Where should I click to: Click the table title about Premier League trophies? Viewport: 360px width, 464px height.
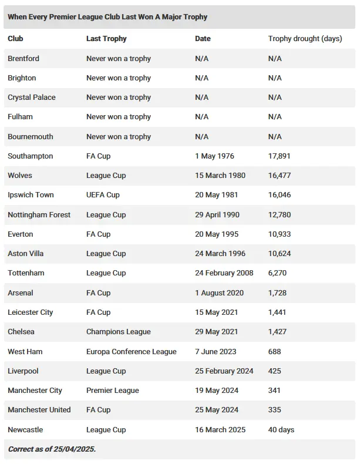click(107, 17)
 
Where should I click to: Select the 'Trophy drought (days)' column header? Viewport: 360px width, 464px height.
click(305, 39)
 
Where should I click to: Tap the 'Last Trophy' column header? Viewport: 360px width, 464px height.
click(106, 39)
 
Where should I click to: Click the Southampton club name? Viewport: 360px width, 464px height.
click(30, 156)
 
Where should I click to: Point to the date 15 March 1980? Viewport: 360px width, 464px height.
click(220, 176)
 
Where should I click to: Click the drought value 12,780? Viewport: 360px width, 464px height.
click(279, 214)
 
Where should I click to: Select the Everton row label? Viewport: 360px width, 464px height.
click(21, 234)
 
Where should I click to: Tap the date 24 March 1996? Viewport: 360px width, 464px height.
click(220, 254)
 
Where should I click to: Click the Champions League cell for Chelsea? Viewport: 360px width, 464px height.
click(118, 332)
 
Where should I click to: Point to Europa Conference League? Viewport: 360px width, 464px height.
click(131, 351)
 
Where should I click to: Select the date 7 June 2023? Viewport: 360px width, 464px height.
click(216, 351)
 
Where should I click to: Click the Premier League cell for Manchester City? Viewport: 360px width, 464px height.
click(113, 391)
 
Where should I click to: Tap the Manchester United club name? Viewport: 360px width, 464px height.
click(39, 410)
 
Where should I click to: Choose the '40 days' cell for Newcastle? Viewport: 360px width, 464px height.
click(281, 429)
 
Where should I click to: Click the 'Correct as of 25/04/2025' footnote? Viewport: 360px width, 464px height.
click(52, 449)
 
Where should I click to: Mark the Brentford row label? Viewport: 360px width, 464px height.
click(23, 59)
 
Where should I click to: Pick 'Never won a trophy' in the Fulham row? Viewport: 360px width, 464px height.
click(119, 117)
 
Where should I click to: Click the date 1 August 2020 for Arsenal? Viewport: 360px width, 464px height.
click(219, 292)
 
